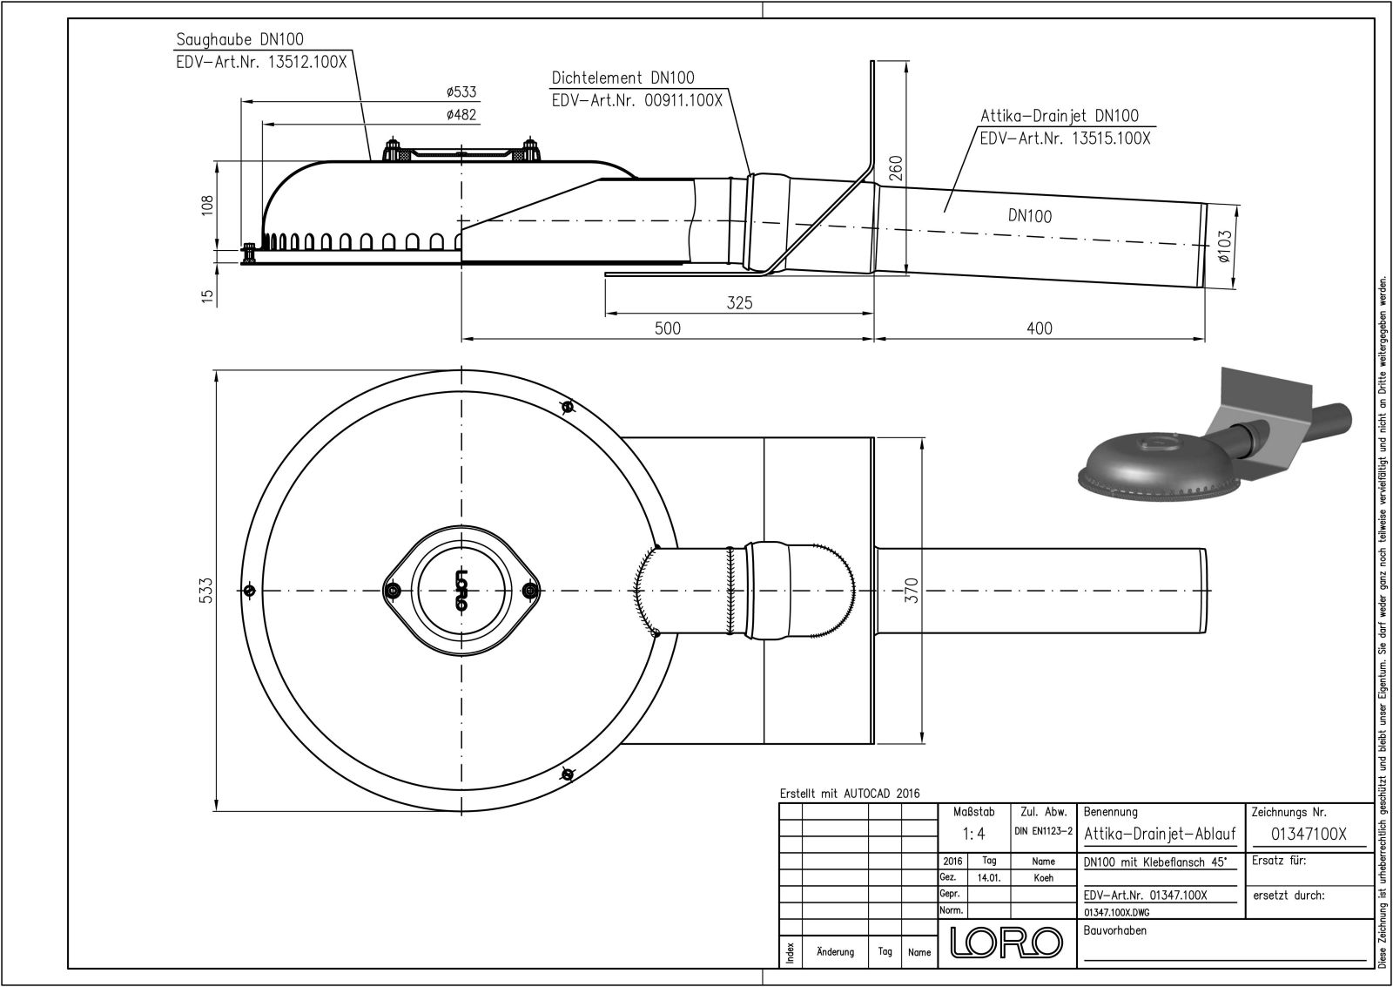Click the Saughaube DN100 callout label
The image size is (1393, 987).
[240, 40]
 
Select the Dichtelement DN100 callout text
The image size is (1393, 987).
[623, 78]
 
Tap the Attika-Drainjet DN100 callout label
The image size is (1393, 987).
[1060, 116]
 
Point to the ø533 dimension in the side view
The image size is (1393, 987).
[461, 92]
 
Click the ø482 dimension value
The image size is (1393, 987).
[461, 115]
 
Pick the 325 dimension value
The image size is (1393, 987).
[739, 303]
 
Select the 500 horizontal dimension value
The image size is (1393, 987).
[667, 328]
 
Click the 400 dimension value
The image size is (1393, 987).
[1040, 328]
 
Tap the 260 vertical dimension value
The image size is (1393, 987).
[896, 168]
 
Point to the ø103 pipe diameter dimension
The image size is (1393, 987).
[1224, 247]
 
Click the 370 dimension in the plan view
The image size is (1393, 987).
[911, 590]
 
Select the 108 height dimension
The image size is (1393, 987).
[207, 206]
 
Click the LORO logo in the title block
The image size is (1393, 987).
[1006, 943]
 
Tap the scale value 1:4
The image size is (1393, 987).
[974, 834]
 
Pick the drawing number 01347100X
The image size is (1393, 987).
[1309, 834]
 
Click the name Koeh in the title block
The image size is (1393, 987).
[1043, 878]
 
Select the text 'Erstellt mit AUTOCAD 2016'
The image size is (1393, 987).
[850, 794]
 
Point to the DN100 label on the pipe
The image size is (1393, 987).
[1030, 217]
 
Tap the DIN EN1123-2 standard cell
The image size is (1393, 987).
[1044, 831]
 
